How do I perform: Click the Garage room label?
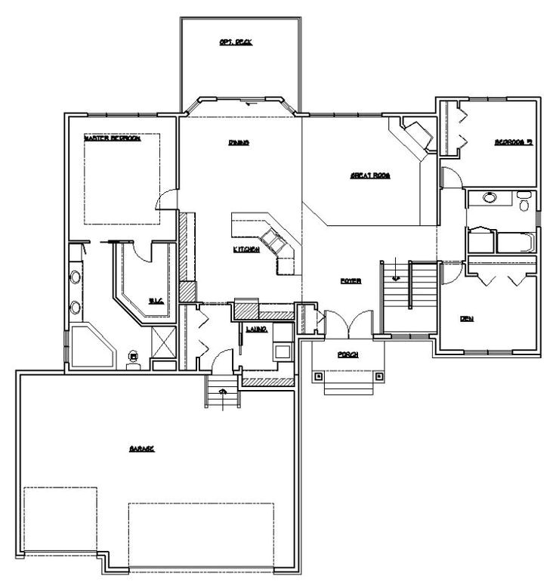(141, 449)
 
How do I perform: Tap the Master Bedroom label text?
(112, 139)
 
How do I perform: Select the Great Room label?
(369, 175)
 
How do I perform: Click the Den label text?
(467, 318)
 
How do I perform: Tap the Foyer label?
(350, 280)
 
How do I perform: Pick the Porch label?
(347, 354)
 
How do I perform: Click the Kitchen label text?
(247, 249)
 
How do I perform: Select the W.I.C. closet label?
(156, 301)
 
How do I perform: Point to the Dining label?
(239, 142)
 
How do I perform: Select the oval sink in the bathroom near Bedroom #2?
(489, 200)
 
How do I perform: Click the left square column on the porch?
(319, 375)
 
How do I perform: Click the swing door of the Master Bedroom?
(166, 198)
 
